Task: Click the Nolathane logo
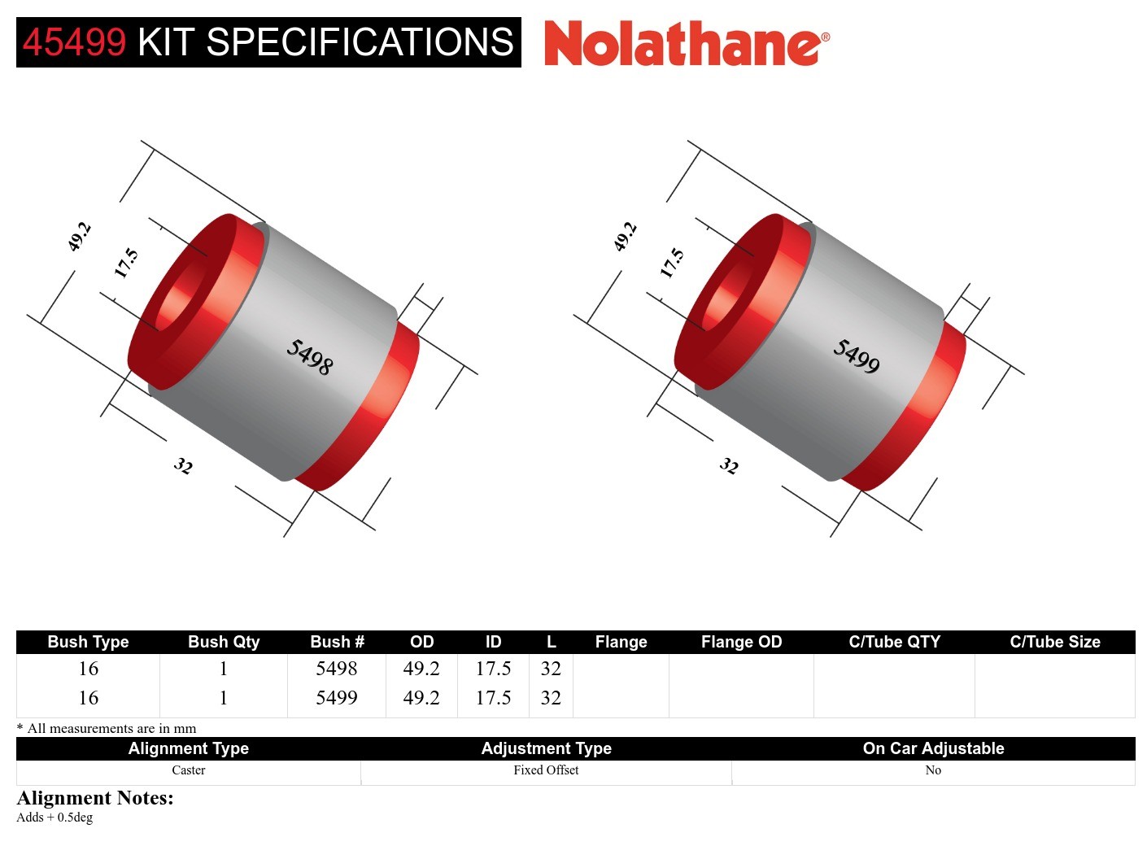pos(686,43)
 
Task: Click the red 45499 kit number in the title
pos(74,42)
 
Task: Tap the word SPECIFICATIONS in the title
pos(360,42)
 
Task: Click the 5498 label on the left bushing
pos(309,357)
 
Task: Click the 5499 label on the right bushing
pos(856,357)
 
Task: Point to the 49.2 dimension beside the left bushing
pos(79,237)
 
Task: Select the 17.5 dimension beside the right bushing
pos(672,263)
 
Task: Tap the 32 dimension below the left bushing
pos(183,466)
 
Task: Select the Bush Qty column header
pos(224,642)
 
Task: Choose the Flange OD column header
pos(741,642)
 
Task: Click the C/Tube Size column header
pos(1054,642)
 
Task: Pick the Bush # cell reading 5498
pos(336,669)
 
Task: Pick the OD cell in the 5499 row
pos(421,698)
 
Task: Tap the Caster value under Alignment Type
pos(189,770)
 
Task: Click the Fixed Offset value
pos(546,770)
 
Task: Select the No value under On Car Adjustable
pos(933,770)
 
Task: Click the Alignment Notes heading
pos(95,798)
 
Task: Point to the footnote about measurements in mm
pos(107,728)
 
